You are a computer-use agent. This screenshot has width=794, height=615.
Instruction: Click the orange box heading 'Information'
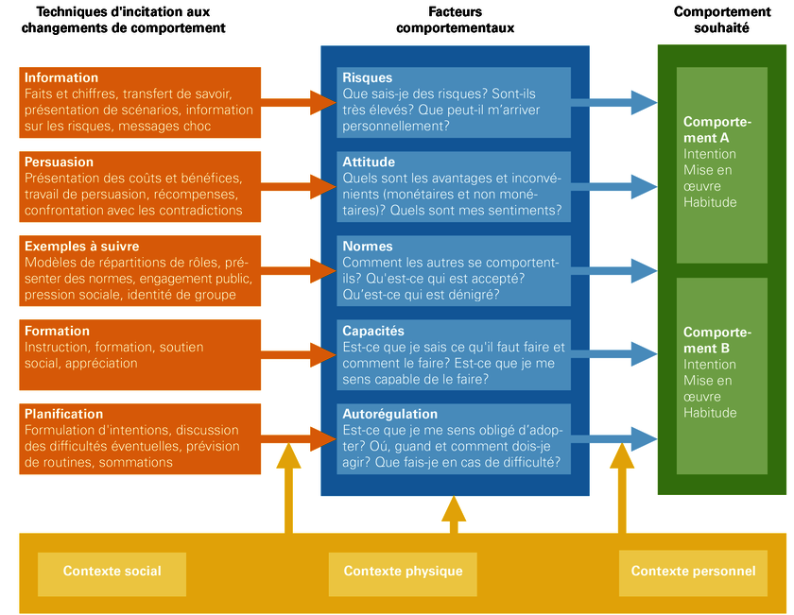[x=61, y=77]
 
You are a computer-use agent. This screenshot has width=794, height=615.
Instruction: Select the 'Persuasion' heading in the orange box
[x=59, y=162]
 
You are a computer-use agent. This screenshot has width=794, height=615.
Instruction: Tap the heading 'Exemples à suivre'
[x=81, y=247]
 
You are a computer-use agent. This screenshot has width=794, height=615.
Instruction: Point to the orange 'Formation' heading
[x=57, y=331]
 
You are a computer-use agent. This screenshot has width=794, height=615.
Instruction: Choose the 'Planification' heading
[x=63, y=414]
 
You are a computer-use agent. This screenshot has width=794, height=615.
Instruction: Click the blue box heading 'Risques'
[x=367, y=78]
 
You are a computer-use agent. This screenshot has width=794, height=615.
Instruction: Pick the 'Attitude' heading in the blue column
[x=369, y=162]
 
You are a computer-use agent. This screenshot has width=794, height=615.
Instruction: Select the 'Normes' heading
[x=367, y=247]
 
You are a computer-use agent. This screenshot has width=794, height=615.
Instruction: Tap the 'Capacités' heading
[x=373, y=331]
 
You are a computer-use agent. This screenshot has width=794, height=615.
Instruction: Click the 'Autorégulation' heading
[x=389, y=414]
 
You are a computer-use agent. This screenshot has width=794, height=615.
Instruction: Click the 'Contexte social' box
[x=112, y=574]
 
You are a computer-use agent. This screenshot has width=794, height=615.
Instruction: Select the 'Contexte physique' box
[x=403, y=574]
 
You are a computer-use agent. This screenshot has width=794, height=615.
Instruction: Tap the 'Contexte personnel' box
[x=693, y=574]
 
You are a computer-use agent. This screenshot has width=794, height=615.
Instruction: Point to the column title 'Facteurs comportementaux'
[x=455, y=20]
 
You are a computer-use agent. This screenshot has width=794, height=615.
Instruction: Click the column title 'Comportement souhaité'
[x=722, y=20]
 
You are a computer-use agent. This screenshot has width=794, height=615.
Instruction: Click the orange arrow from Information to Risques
[x=299, y=102]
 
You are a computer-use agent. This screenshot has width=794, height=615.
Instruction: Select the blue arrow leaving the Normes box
[x=613, y=271]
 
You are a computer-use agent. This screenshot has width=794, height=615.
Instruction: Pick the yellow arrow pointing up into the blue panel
[x=453, y=515]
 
